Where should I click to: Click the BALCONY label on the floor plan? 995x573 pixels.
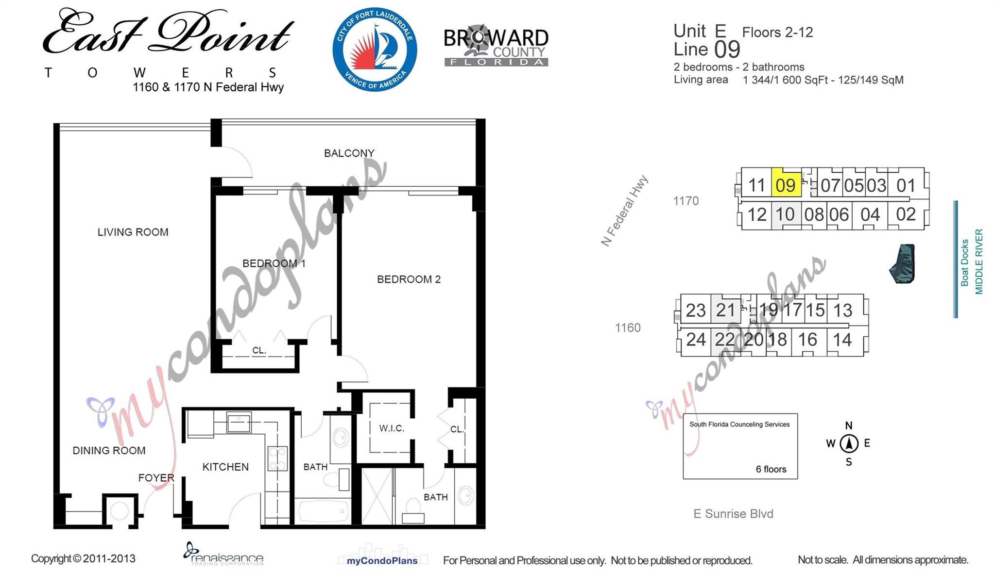click(349, 153)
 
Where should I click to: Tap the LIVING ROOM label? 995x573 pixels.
click(133, 232)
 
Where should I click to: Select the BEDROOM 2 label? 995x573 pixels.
click(409, 279)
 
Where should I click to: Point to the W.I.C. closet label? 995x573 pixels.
click(392, 428)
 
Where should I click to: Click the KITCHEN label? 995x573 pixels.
click(225, 467)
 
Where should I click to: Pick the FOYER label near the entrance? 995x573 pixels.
click(156, 478)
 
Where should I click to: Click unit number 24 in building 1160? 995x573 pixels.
click(696, 340)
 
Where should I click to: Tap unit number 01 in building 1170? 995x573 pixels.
click(906, 185)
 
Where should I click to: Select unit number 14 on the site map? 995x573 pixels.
click(842, 340)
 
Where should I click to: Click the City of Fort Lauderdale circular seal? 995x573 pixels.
click(375, 49)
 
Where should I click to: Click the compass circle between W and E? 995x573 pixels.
click(849, 443)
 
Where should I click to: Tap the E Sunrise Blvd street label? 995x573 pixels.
click(733, 514)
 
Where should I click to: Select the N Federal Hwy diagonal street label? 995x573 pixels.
click(624, 211)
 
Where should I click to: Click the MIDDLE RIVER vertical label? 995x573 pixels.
click(979, 262)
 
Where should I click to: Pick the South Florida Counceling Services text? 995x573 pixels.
click(739, 425)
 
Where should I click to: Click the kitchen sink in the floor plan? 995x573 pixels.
click(239, 423)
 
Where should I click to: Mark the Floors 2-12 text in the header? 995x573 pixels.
click(777, 33)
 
